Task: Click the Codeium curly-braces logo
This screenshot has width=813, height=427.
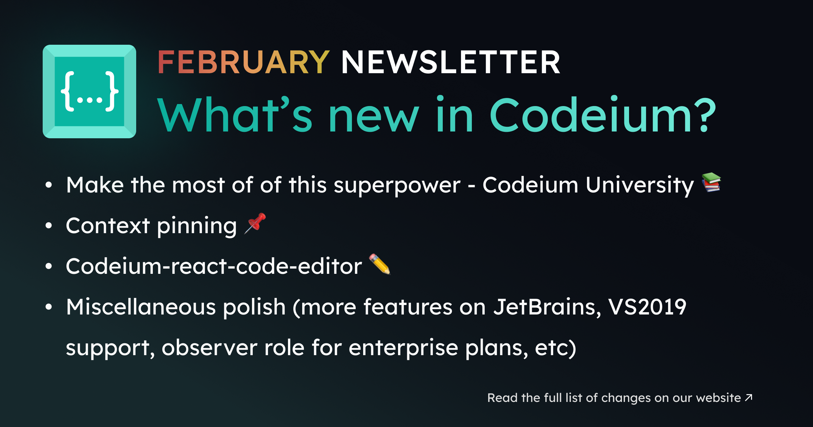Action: (89, 91)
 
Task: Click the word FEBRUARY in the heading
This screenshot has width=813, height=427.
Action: (244, 62)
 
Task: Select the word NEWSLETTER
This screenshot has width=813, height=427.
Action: (451, 62)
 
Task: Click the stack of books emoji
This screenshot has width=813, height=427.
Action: (711, 182)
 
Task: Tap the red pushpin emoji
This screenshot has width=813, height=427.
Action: (255, 223)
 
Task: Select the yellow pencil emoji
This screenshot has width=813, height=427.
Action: (380, 264)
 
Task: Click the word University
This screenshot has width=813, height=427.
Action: (640, 186)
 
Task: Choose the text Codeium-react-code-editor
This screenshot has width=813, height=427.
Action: (214, 266)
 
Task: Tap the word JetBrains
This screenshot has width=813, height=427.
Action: (547, 307)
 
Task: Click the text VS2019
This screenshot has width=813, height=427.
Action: (647, 307)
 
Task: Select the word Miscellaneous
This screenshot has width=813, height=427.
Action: (141, 307)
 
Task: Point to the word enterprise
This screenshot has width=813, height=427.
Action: (403, 349)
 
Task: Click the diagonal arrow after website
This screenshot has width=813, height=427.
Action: (749, 397)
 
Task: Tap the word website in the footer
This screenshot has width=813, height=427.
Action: (718, 398)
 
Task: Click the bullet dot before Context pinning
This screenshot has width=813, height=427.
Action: (49, 225)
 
